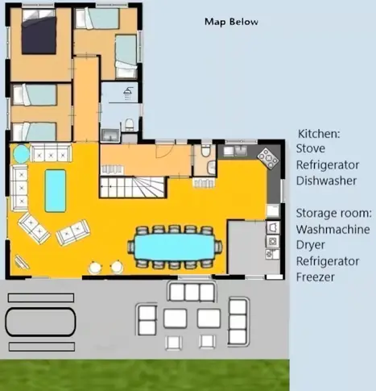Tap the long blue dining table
(175, 247)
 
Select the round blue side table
(21, 154)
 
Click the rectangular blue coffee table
(56, 191)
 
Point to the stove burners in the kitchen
(268, 158)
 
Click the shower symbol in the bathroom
(128, 94)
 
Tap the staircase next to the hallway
(132, 187)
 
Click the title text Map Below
(231, 22)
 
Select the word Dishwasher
(326, 181)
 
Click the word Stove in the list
(311, 148)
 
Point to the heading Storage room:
(334, 213)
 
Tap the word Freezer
(316, 277)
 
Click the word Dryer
(311, 245)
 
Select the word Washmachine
(333, 229)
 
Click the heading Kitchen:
(319, 134)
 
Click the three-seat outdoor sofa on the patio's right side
(238, 321)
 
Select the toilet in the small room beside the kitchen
(205, 151)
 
